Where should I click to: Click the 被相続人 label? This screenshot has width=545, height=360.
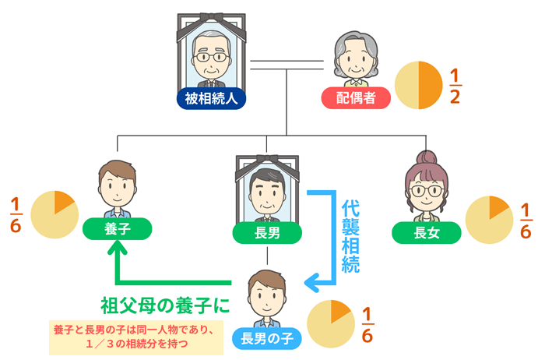pos(210,99)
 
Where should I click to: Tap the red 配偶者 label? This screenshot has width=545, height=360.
pos(355,99)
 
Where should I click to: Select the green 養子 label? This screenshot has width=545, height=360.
pos(117,229)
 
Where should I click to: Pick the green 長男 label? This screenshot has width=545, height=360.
pos(268,232)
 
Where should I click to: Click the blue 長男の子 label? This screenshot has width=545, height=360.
pos(266,337)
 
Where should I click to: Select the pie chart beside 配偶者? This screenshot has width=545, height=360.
pos(418,86)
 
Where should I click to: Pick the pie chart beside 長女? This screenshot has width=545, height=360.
pos(489,221)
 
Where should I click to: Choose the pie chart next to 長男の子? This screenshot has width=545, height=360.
pos(331,322)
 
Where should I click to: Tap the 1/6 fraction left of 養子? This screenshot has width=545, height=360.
pos(15,215)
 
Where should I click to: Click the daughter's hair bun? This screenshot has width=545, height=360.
pos(425,157)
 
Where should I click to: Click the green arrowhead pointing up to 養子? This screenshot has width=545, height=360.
pos(117,249)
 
